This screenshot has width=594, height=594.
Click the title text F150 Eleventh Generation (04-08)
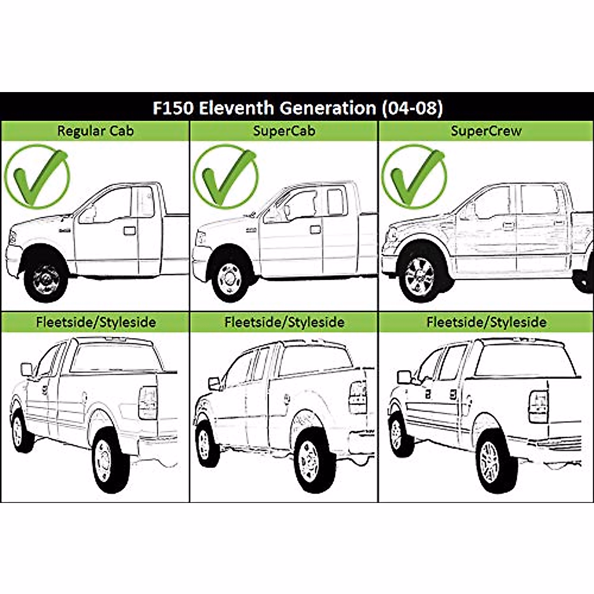pyautogui.click(x=297, y=108)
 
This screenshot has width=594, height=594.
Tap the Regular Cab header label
pyautogui.click(x=95, y=131)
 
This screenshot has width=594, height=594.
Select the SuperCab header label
pyautogui.click(x=284, y=131)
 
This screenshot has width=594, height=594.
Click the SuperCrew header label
pyautogui.click(x=486, y=131)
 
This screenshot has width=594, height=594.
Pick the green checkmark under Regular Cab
pyautogui.click(x=37, y=176)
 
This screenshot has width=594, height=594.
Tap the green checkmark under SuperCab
pyautogui.click(x=225, y=176)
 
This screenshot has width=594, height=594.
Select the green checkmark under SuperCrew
pyautogui.click(x=414, y=176)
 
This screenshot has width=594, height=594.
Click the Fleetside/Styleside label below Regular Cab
pyautogui.click(x=96, y=322)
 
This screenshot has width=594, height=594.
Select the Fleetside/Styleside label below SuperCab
pyautogui.click(x=284, y=322)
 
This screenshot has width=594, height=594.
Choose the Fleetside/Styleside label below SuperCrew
pyautogui.click(x=486, y=322)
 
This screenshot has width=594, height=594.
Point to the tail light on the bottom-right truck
pyautogui.click(x=538, y=406)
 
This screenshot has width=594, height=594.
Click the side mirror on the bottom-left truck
pyautogui.click(x=26, y=369)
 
